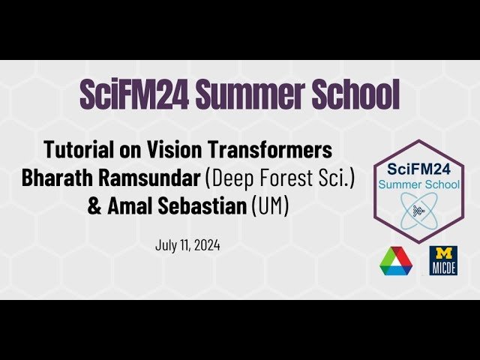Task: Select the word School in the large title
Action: click(x=358, y=95)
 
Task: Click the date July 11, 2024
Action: click(x=187, y=245)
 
